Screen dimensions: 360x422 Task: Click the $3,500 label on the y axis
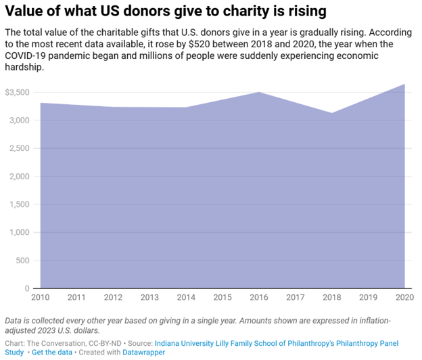click(x=18, y=93)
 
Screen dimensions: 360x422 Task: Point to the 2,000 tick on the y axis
click(x=20, y=177)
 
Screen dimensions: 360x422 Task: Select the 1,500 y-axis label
click(x=20, y=204)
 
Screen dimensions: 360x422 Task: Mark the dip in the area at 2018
click(x=332, y=113)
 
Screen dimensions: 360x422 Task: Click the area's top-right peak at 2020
click(x=404, y=84)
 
